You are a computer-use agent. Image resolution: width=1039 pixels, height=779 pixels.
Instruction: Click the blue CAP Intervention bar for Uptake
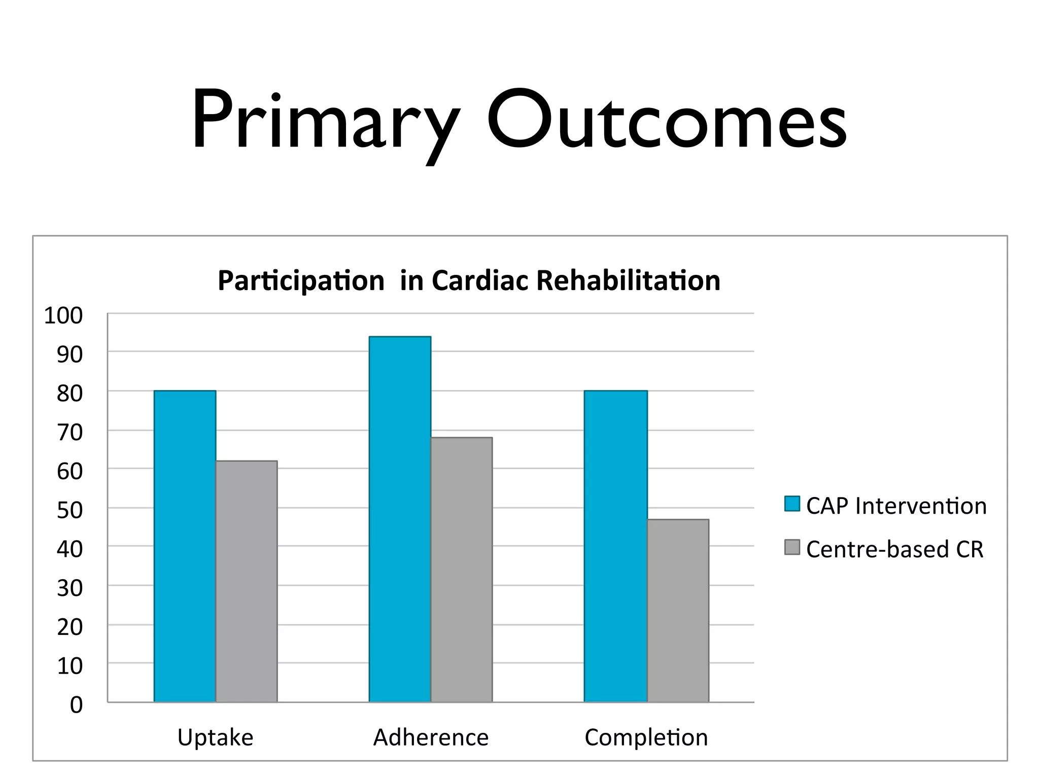pyautogui.click(x=185, y=546)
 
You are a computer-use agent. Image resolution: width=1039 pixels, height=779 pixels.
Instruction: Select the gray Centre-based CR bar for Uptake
pyautogui.click(x=247, y=581)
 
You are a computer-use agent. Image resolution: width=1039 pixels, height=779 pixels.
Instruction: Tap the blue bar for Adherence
pyautogui.click(x=400, y=519)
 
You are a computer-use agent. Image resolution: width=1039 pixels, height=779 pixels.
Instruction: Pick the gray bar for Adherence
pyautogui.click(x=461, y=570)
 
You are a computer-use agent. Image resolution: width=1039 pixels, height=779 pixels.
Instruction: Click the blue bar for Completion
pyautogui.click(x=615, y=546)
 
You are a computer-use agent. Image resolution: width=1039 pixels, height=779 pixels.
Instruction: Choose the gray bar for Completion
pyautogui.click(x=678, y=611)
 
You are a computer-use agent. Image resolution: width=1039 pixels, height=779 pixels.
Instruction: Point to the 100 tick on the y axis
pyautogui.click(x=63, y=315)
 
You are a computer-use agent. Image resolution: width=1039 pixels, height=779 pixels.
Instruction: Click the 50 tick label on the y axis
pyautogui.click(x=70, y=510)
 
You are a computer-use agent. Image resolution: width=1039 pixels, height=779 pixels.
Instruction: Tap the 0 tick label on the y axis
pyautogui.click(x=76, y=705)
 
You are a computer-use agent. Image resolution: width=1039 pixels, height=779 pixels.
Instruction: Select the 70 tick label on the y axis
pyautogui.click(x=70, y=433)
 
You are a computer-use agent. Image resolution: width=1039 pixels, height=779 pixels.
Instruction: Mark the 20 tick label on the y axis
pyautogui.click(x=70, y=627)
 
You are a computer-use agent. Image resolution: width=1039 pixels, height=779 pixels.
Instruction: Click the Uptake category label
pyautogui.click(x=215, y=737)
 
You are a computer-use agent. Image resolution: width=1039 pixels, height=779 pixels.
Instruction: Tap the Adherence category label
pyautogui.click(x=431, y=737)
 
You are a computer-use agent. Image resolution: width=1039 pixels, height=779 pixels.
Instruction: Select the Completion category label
pyautogui.click(x=646, y=737)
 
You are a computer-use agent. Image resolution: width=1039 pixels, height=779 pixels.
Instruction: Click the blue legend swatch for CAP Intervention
pyautogui.click(x=792, y=504)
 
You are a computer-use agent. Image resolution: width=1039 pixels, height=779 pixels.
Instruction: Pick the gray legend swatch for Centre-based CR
pyautogui.click(x=792, y=547)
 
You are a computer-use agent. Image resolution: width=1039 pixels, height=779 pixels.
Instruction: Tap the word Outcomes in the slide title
pyautogui.click(x=666, y=120)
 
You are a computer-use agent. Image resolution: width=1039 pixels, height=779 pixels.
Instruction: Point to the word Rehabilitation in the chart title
pyautogui.click(x=628, y=280)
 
